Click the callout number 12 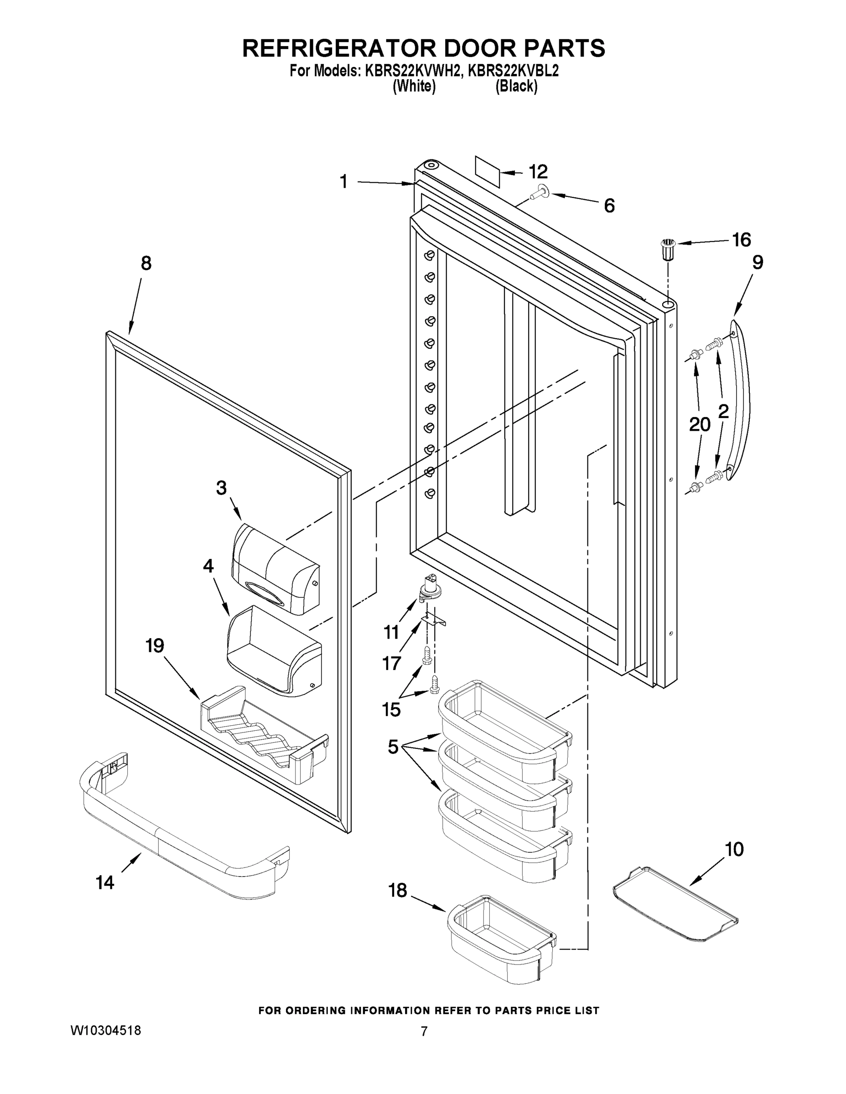(x=538, y=172)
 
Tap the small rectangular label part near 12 (x=487, y=171)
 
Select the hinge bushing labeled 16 (x=667, y=249)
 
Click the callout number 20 (x=700, y=425)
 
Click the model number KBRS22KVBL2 (x=513, y=71)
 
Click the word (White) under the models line (x=414, y=87)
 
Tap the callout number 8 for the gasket (x=146, y=263)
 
